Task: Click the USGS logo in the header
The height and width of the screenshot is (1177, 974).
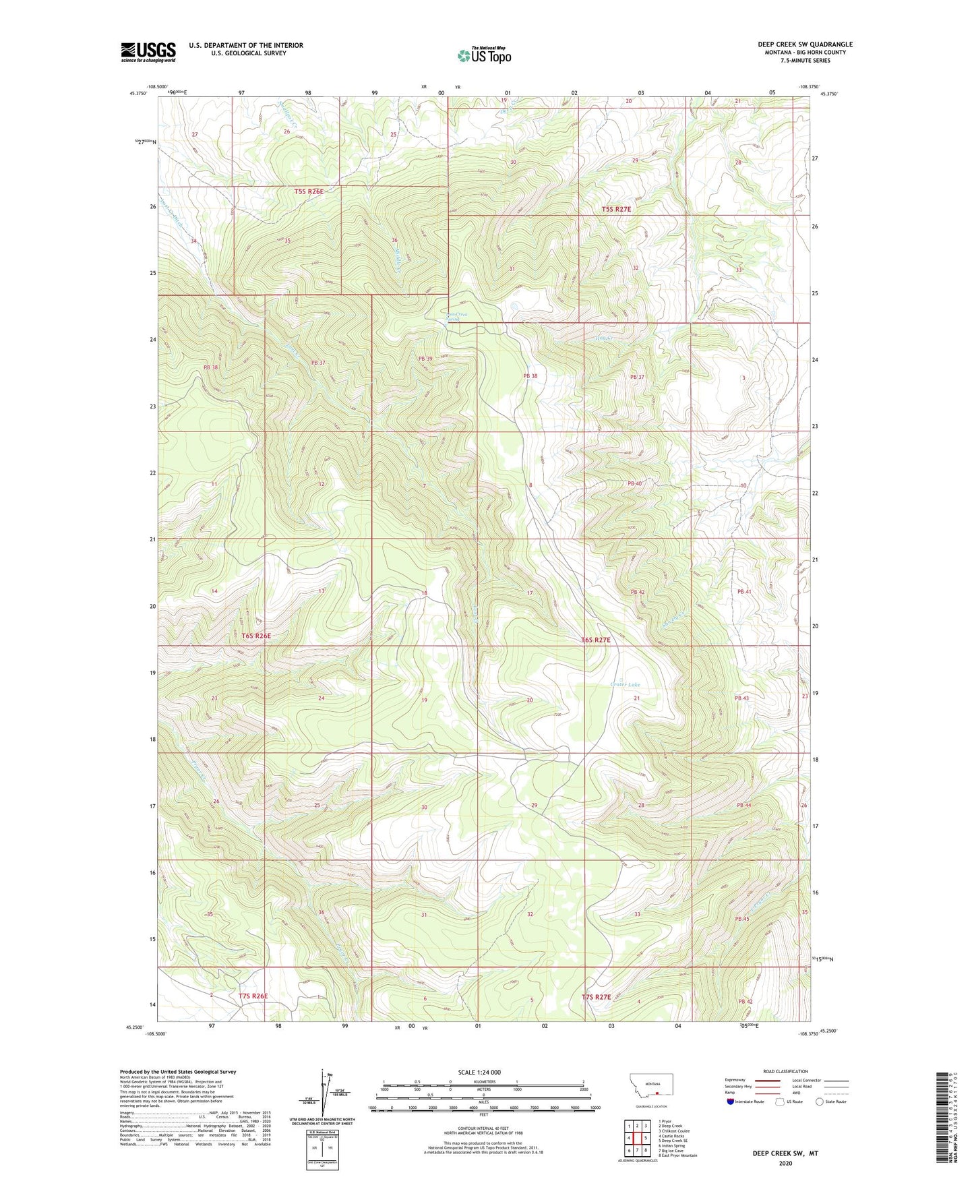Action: click(148, 52)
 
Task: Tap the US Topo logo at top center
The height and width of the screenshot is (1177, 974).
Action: click(484, 55)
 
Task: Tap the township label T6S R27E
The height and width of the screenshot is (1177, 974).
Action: click(596, 640)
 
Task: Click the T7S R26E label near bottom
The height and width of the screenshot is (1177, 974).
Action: click(253, 995)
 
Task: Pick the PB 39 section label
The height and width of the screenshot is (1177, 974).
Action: click(425, 359)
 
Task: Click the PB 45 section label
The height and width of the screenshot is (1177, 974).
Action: click(742, 919)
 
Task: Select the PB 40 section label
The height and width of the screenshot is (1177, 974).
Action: click(634, 483)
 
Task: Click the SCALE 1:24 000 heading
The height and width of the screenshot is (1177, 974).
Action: click(479, 1072)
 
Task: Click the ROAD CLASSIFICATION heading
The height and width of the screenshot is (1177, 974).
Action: click(786, 1071)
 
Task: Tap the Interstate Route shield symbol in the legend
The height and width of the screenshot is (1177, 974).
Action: click(731, 1101)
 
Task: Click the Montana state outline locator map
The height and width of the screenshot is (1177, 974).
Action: click(650, 1089)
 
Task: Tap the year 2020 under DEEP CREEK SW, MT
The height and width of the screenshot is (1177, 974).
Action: click(785, 1163)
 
